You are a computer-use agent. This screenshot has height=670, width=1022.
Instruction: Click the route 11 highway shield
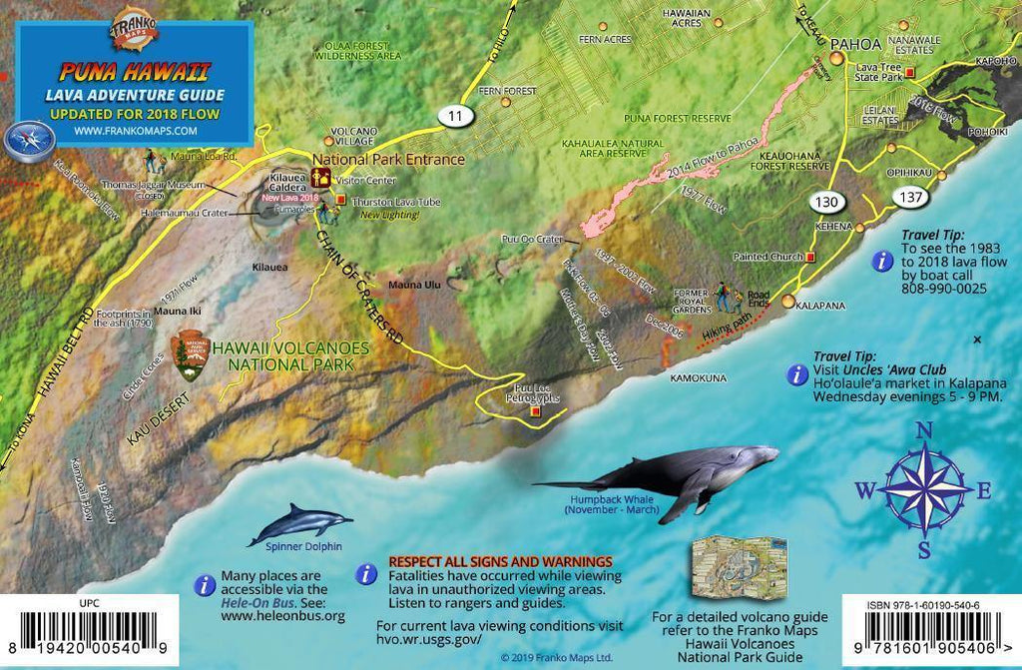[x=455, y=117]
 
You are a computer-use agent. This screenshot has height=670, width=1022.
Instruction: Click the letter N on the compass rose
[x=924, y=430]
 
